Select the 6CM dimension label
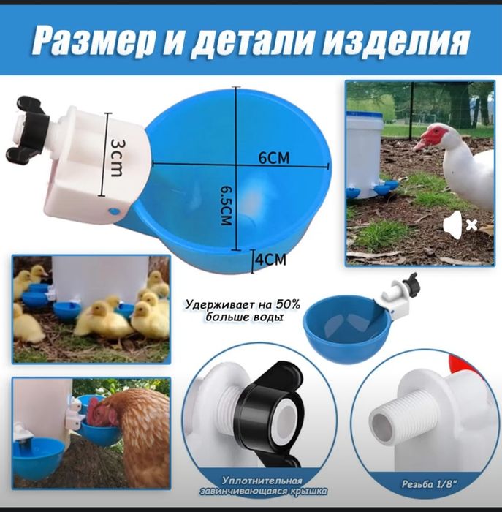coord(274,157)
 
